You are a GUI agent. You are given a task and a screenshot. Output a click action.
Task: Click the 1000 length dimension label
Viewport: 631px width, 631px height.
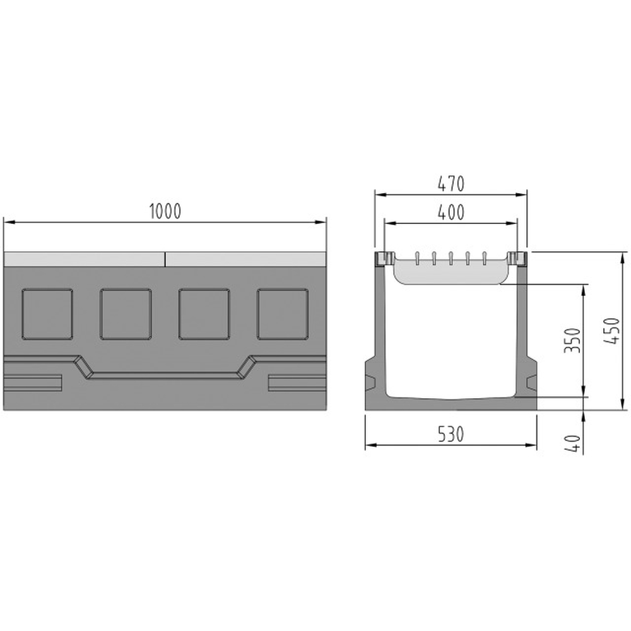(x=165, y=211)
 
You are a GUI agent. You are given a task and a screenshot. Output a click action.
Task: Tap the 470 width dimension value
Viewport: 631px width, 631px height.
(x=451, y=184)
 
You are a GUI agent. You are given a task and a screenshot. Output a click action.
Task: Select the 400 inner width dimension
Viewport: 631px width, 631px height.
(x=451, y=212)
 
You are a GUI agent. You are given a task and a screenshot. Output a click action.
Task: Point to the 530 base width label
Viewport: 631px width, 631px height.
(x=451, y=434)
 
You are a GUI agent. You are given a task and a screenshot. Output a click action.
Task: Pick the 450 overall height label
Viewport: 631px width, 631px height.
(x=611, y=331)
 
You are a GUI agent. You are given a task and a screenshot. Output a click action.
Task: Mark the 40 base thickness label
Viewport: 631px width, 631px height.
(x=573, y=444)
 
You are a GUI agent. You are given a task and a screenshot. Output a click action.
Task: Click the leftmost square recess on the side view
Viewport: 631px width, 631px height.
(x=47, y=314)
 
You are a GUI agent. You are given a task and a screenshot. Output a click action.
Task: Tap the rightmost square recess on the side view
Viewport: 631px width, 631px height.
(x=283, y=314)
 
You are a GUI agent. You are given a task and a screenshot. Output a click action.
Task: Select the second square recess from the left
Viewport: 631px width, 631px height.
(x=126, y=314)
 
